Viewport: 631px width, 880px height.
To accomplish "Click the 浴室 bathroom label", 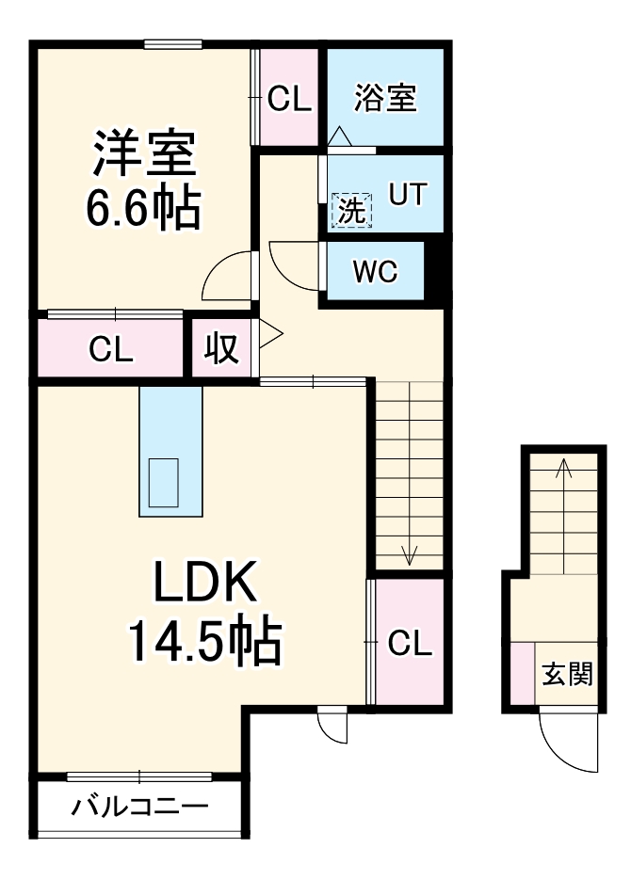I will coord(385,98).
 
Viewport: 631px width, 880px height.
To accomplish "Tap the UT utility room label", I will coord(408,194).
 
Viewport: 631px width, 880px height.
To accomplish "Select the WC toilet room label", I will coord(375,272).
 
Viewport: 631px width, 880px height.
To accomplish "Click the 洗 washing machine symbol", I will coord(350,210).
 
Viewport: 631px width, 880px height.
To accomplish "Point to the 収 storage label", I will coord(222,348).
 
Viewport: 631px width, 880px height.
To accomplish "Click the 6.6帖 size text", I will coord(143,209).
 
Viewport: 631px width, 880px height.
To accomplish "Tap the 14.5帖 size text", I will coord(203,642).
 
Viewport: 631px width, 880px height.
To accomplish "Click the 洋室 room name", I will coord(143,153).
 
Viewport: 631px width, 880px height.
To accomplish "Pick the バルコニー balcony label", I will coord(140,808).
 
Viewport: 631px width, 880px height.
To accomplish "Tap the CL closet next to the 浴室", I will coord(289,98).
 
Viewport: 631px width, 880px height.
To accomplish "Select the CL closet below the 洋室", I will coord(111,348).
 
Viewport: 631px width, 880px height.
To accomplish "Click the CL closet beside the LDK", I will coord(410,643).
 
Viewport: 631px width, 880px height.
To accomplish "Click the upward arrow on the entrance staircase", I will coord(562,467).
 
